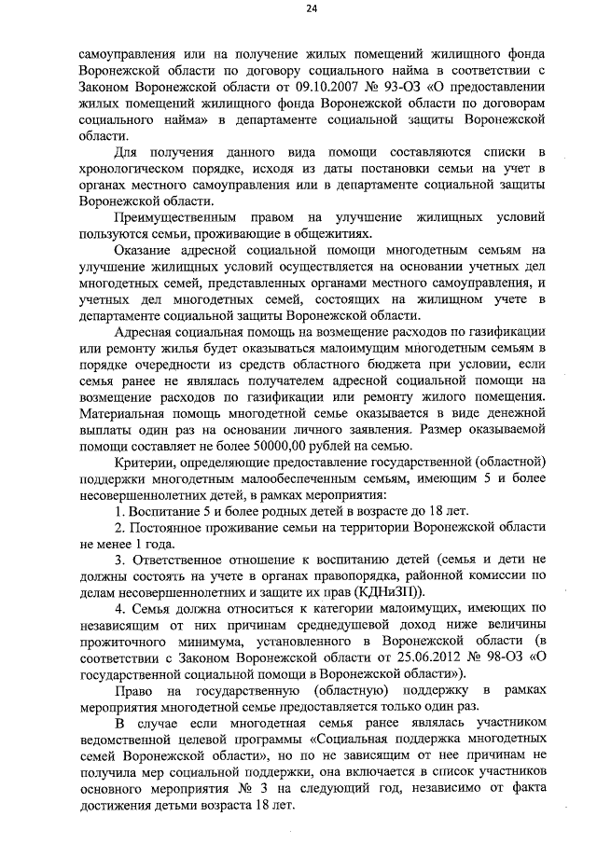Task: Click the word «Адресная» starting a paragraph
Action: [146, 333]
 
